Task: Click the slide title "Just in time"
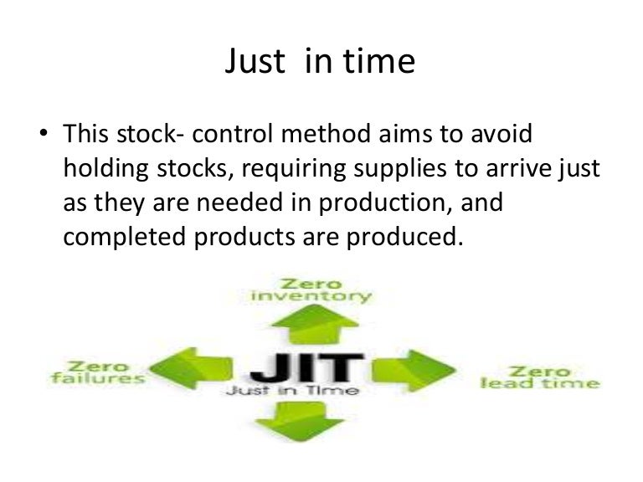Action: [x=320, y=63]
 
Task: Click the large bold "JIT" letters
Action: [x=306, y=367]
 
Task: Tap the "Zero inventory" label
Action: [x=311, y=290]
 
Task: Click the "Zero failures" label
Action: [x=97, y=372]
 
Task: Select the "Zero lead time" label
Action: [x=540, y=377]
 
